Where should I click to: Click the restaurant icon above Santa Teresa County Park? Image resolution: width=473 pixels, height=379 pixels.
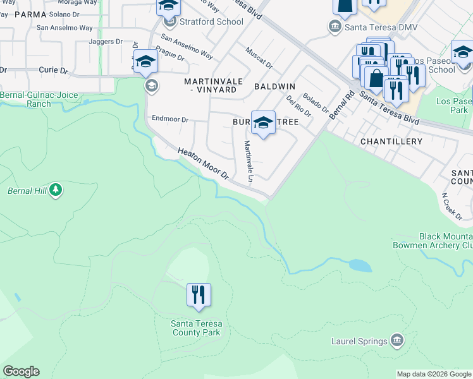tap(199, 295)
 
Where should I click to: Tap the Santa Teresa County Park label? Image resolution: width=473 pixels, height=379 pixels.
tap(196, 328)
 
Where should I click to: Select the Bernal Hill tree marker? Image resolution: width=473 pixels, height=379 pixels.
tap(56, 189)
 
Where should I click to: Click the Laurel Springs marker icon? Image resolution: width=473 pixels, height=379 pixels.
tap(396, 340)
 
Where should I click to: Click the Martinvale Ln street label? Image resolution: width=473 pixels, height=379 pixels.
tap(249, 162)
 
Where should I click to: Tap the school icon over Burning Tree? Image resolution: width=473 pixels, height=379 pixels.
tap(263, 123)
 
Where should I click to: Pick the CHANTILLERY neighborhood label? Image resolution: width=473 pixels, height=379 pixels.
tap(391, 141)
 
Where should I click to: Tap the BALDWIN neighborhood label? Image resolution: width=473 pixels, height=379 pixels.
tap(275, 85)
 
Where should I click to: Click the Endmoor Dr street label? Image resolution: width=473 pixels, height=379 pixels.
tap(170, 119)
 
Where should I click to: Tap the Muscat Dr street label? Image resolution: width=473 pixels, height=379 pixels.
tap(259, 59)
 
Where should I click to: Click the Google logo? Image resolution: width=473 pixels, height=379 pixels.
tap(21, 371)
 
